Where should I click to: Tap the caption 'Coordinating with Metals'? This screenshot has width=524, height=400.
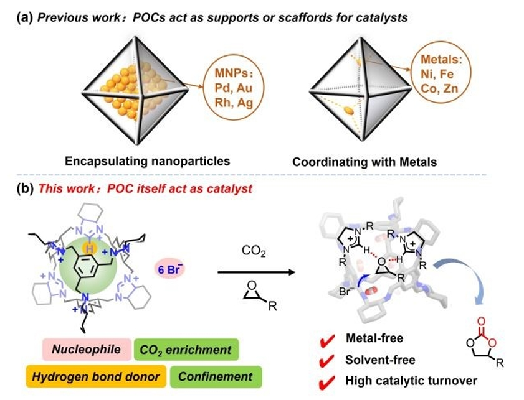point(364,162)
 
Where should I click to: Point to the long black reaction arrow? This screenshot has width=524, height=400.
point(255,272)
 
